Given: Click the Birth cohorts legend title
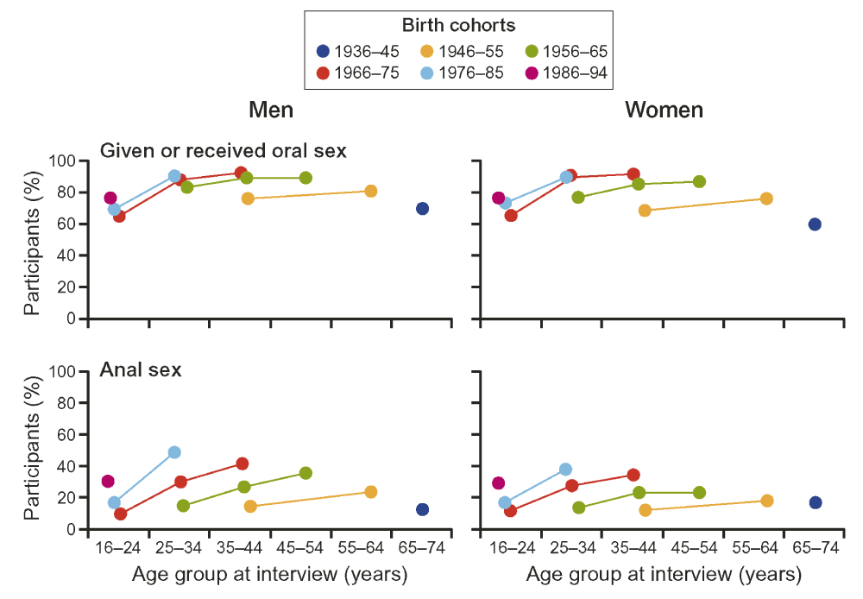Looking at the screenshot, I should (459, 26).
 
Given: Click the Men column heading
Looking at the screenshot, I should (271, 110).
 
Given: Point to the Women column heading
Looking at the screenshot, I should (664, 110).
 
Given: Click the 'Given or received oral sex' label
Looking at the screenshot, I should (224, 150).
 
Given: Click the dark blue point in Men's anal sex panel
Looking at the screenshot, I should (422, 509).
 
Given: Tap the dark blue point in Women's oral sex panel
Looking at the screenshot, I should (815, 224).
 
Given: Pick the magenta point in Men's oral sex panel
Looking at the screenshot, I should (110, 198).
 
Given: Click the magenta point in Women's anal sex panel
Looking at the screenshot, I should (498, 482).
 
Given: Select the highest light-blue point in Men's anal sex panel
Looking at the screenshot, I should (174, 452).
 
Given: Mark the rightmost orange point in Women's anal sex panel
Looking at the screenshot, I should (766, 501).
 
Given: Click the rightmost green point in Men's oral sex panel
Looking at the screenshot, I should (306, 178).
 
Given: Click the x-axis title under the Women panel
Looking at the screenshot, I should (664, 574).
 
